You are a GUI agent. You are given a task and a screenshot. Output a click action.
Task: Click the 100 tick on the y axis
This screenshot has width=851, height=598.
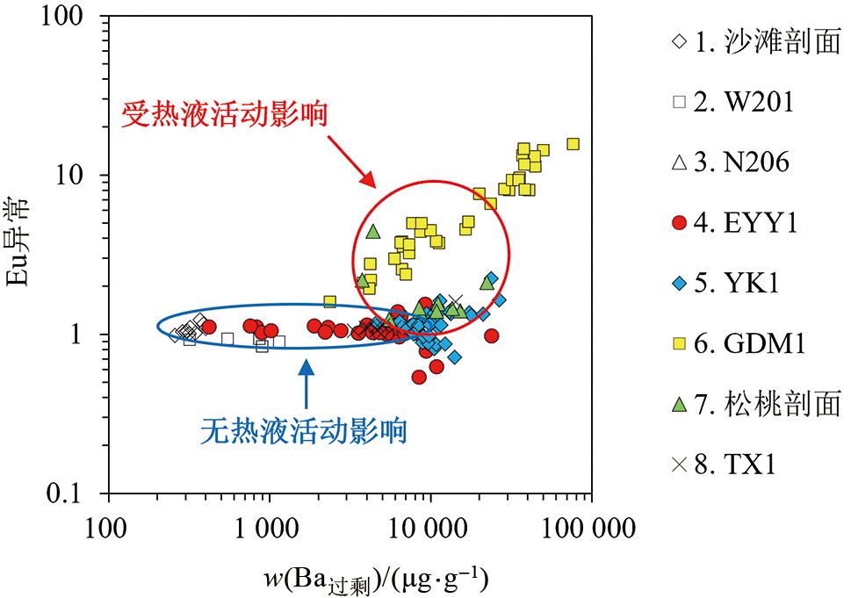[67, 17]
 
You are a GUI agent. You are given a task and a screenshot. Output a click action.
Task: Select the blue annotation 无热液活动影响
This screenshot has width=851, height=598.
[304, 430]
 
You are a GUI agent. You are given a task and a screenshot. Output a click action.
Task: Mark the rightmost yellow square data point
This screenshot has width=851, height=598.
[573, 144]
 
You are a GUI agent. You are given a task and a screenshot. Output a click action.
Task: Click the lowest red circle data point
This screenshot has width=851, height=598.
[419, 377]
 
